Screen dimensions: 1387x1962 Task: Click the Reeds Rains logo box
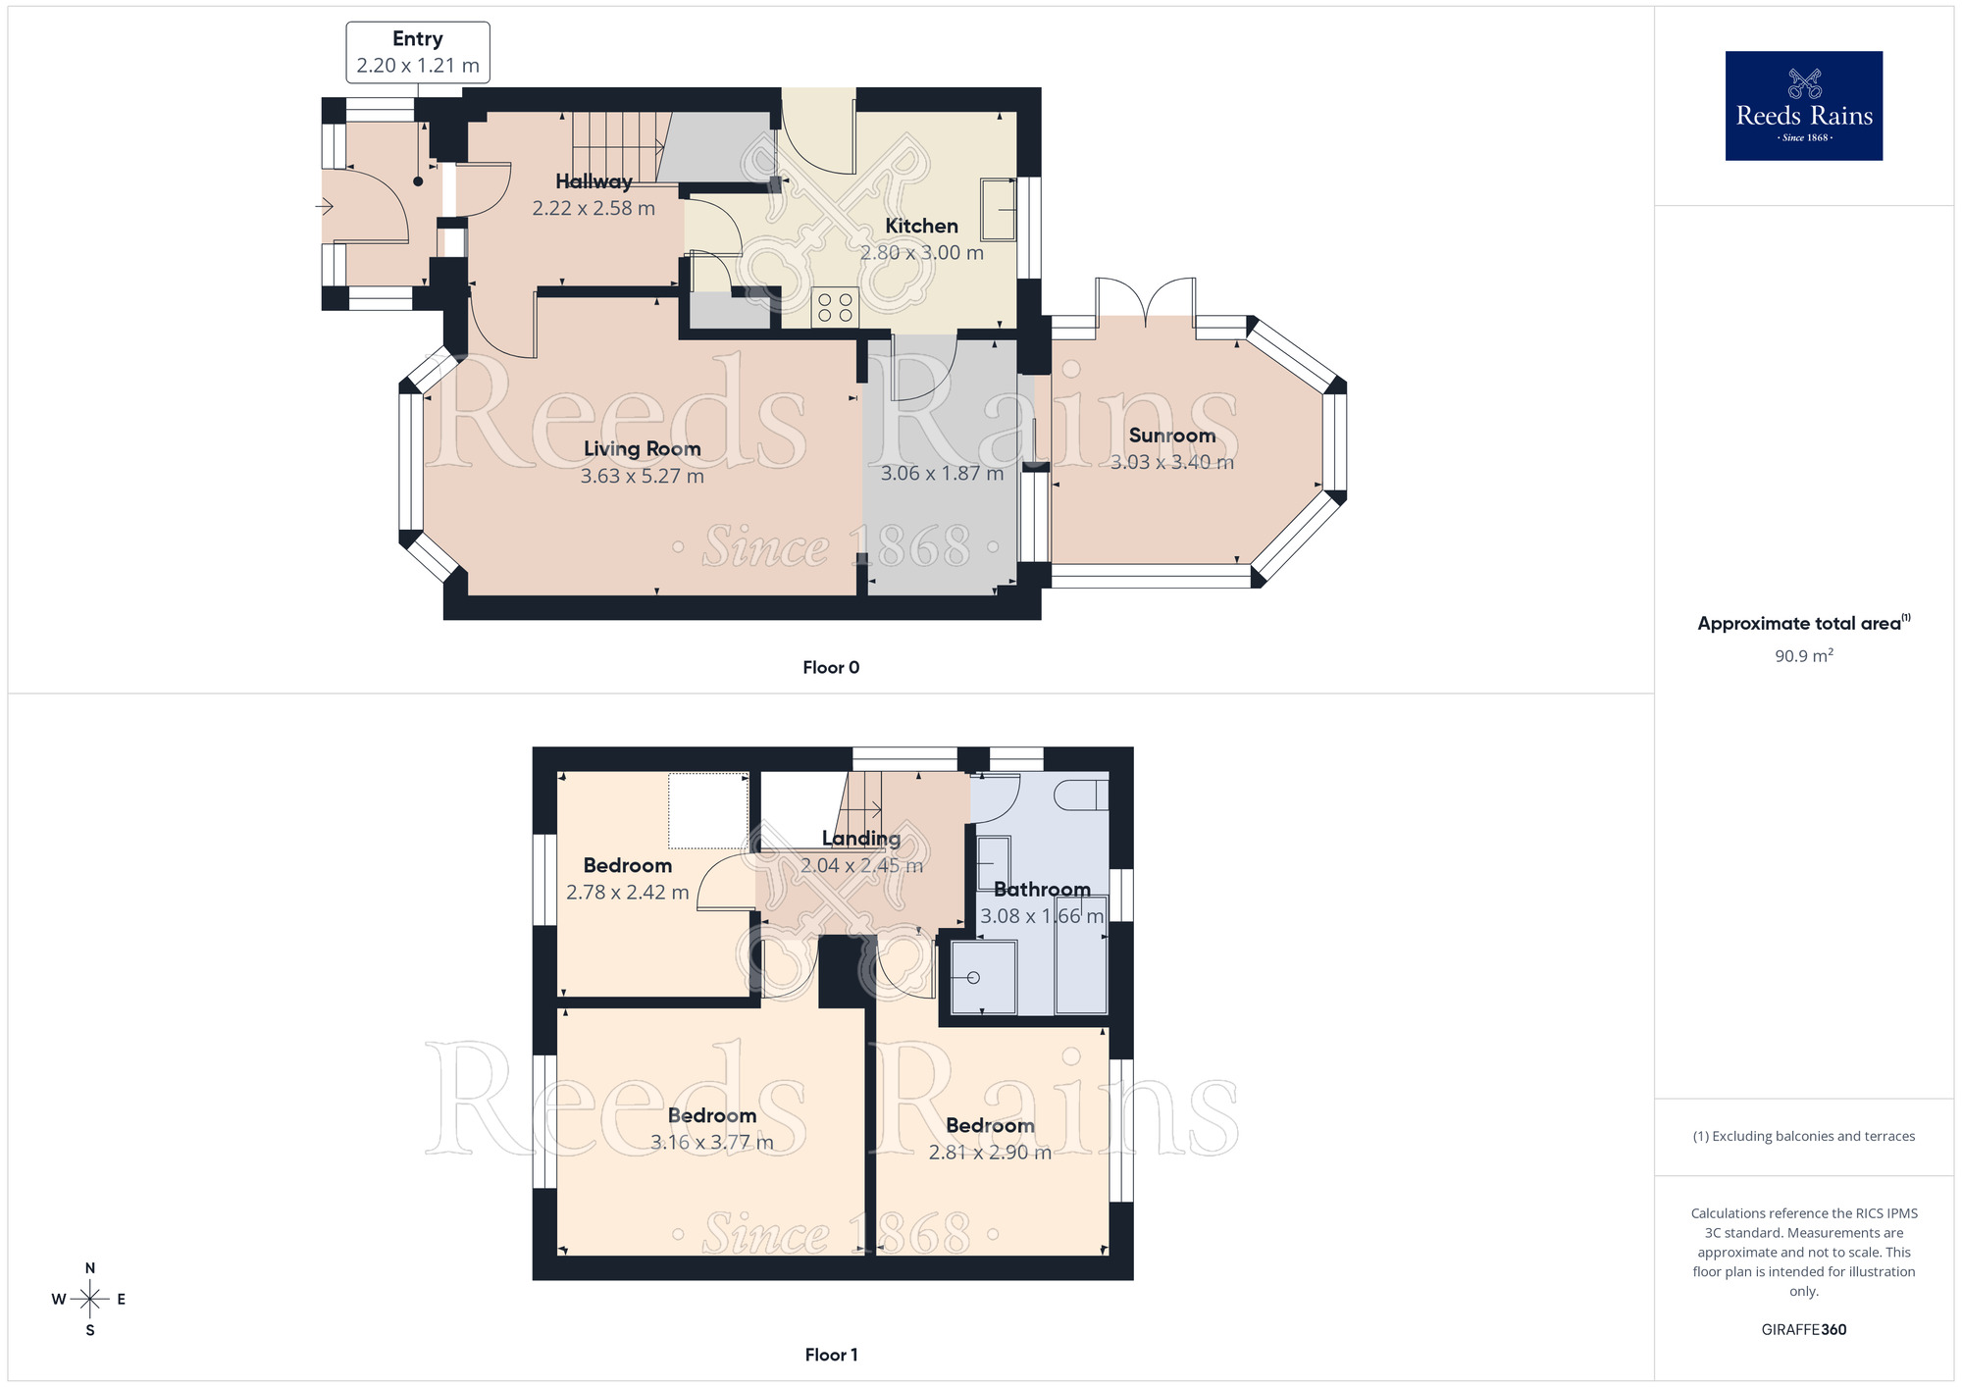tap(1803, 106)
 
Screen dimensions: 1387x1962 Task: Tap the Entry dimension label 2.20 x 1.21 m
tap(418, 66)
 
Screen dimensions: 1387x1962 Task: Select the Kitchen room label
tap(921, 226)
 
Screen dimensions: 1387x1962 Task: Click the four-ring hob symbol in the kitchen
tap(835, 307)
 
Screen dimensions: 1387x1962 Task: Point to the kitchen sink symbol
tap(999, 209)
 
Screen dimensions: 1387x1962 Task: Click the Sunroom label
tap(1171, 436)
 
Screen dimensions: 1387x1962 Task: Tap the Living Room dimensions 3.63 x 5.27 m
tap(642, 477)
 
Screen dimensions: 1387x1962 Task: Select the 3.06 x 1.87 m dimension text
tap(942, 474)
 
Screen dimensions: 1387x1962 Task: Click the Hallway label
tap(594, 181)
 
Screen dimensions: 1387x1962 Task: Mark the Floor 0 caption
tap(831, 668)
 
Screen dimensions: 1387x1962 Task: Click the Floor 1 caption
tap(831, 1355)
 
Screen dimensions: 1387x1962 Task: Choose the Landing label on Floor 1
tap(860, 839)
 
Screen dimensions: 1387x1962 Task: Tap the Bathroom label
tap(1042, 890)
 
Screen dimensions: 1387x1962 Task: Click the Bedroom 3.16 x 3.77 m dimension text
tap(712, 1143)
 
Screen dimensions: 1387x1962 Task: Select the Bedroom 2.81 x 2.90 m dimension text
tap(990, 1153)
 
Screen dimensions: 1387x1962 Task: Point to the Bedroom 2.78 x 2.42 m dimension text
tap(627, 893)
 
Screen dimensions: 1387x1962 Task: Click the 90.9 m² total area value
tap(1803, 656)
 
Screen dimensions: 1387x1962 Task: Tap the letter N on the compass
tap(90, 1268)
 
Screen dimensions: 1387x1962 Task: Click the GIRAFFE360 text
tap(1803, 1330)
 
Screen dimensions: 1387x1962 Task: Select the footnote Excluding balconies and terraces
tap(1803, 1137)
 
